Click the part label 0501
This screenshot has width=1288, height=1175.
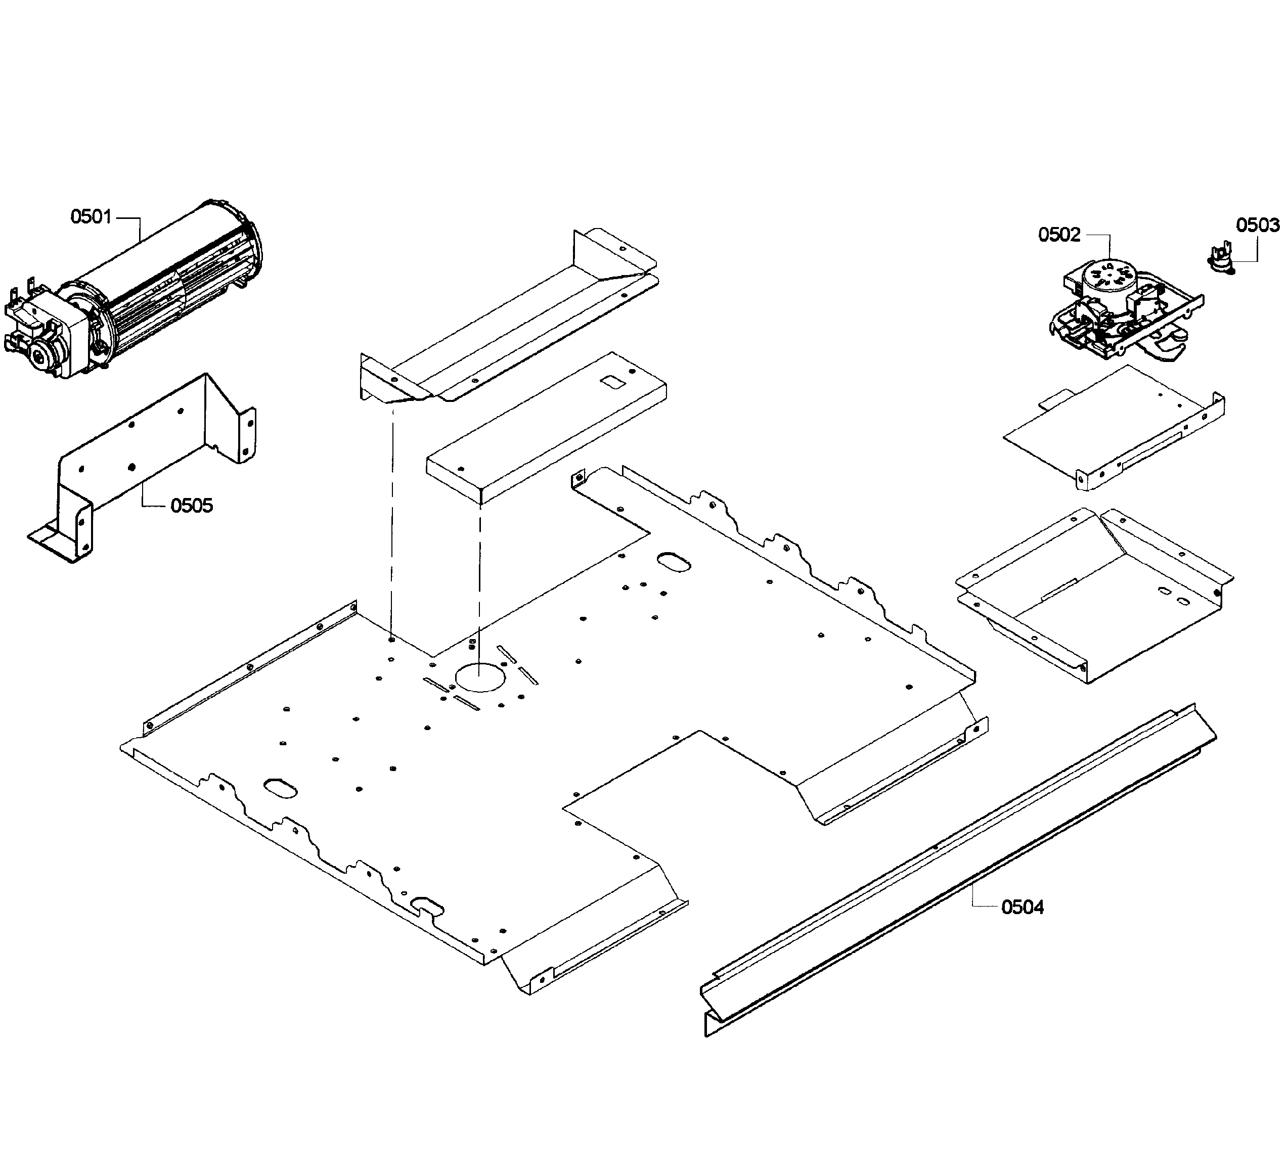coord(91,217)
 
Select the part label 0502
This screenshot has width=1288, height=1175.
coord(1058,235)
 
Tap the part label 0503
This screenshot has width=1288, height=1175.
coord(1257,225)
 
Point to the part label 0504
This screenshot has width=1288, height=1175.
coord(1022,907)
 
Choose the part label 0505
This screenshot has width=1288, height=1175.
coord(191,506)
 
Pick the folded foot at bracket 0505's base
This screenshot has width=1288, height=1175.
coord(54,543)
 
